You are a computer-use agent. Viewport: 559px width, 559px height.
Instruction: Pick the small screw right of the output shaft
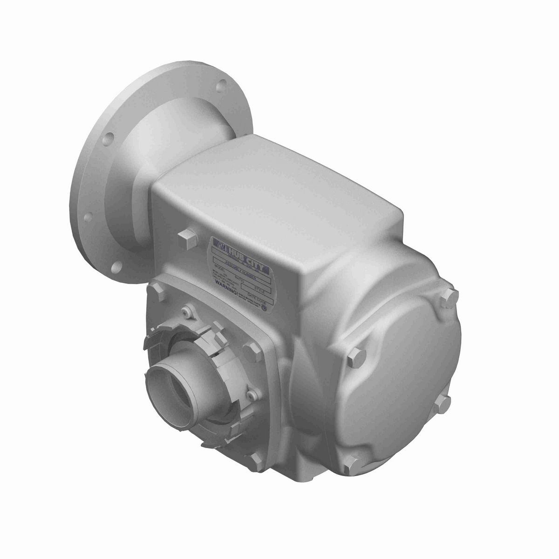coord(252,395)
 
